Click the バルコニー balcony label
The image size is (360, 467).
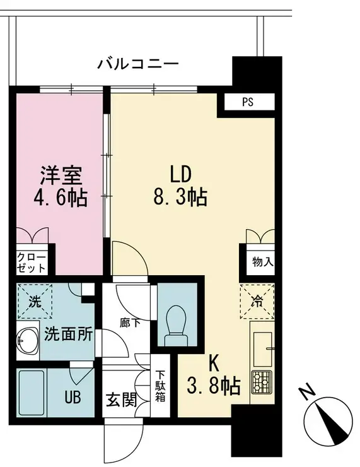click(138, 64)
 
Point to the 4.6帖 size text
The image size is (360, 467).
click(60, 197)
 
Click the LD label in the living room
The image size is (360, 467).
click(179, 174)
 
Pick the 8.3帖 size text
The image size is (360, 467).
click(180, 197)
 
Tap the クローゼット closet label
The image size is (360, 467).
click(31, 263)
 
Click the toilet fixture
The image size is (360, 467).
click(177, 324)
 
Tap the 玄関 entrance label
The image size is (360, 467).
click(121, 399)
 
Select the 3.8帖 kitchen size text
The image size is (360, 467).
click(214, 386)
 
